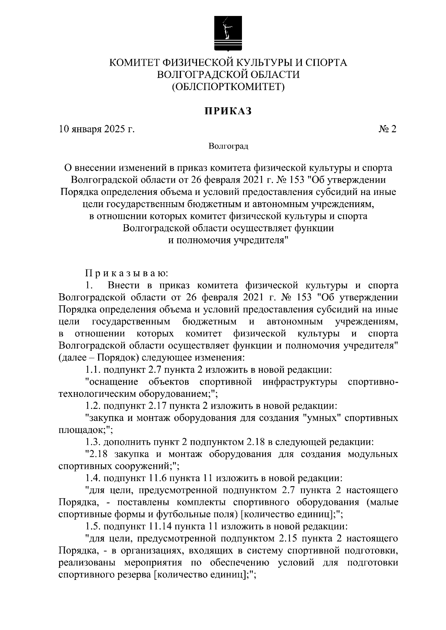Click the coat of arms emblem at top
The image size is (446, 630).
pos(228,33)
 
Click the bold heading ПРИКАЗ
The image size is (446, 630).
pos(228,111)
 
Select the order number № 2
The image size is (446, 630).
pos(387,129)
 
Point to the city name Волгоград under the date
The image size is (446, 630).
pos(228,146)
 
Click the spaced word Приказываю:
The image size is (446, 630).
pos(127,274)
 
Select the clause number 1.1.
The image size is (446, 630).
pos(93,370)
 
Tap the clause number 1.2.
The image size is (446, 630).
pos(93,406)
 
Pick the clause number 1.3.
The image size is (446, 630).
pos(93,442)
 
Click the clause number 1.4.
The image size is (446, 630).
pos(93,478)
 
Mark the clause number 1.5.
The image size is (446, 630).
pos(93,526)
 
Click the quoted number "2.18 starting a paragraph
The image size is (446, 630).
pos(97,454)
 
